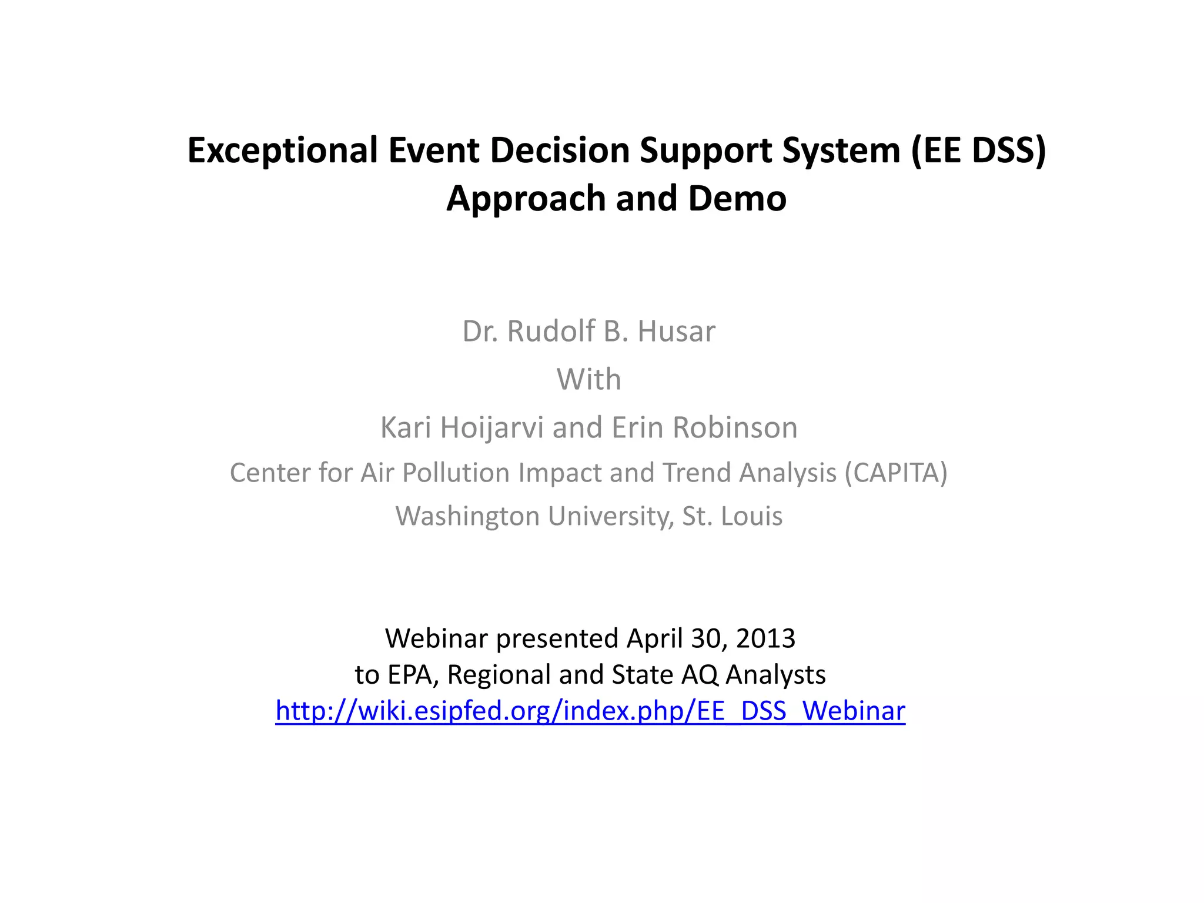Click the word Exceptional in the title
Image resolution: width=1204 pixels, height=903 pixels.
point(283,150)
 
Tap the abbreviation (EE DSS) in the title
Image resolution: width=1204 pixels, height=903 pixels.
point(978,150)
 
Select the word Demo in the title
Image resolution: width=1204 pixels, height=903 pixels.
point(737,199)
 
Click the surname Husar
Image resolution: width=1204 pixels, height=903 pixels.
point(676,331)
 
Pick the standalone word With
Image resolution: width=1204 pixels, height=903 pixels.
point(589,379)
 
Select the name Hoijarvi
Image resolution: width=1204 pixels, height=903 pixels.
point(491,427)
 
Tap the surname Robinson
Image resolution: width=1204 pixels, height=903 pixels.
point(735,427)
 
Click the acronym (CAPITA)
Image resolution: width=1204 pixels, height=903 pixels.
point(896,473)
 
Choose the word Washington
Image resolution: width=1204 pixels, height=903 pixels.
point(467,516)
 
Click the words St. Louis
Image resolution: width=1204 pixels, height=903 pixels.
point(732,516)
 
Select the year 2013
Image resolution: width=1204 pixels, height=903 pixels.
point(765,638)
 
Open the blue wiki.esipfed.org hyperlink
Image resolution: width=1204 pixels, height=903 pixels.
point(590,711)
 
